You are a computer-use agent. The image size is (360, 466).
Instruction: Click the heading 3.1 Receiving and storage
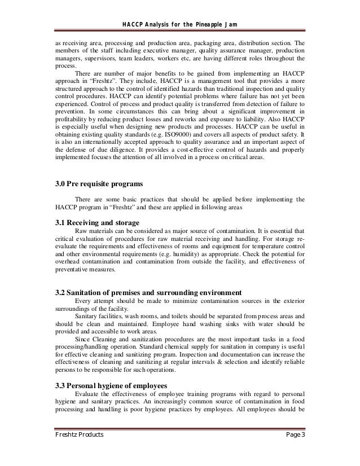coord(99,221)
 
